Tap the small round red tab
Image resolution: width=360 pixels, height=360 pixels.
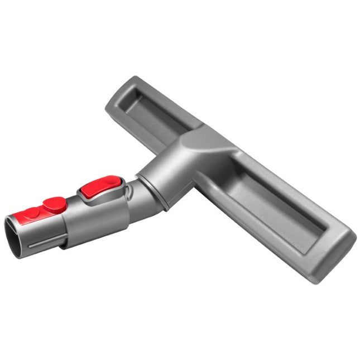(x=54, y=203)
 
